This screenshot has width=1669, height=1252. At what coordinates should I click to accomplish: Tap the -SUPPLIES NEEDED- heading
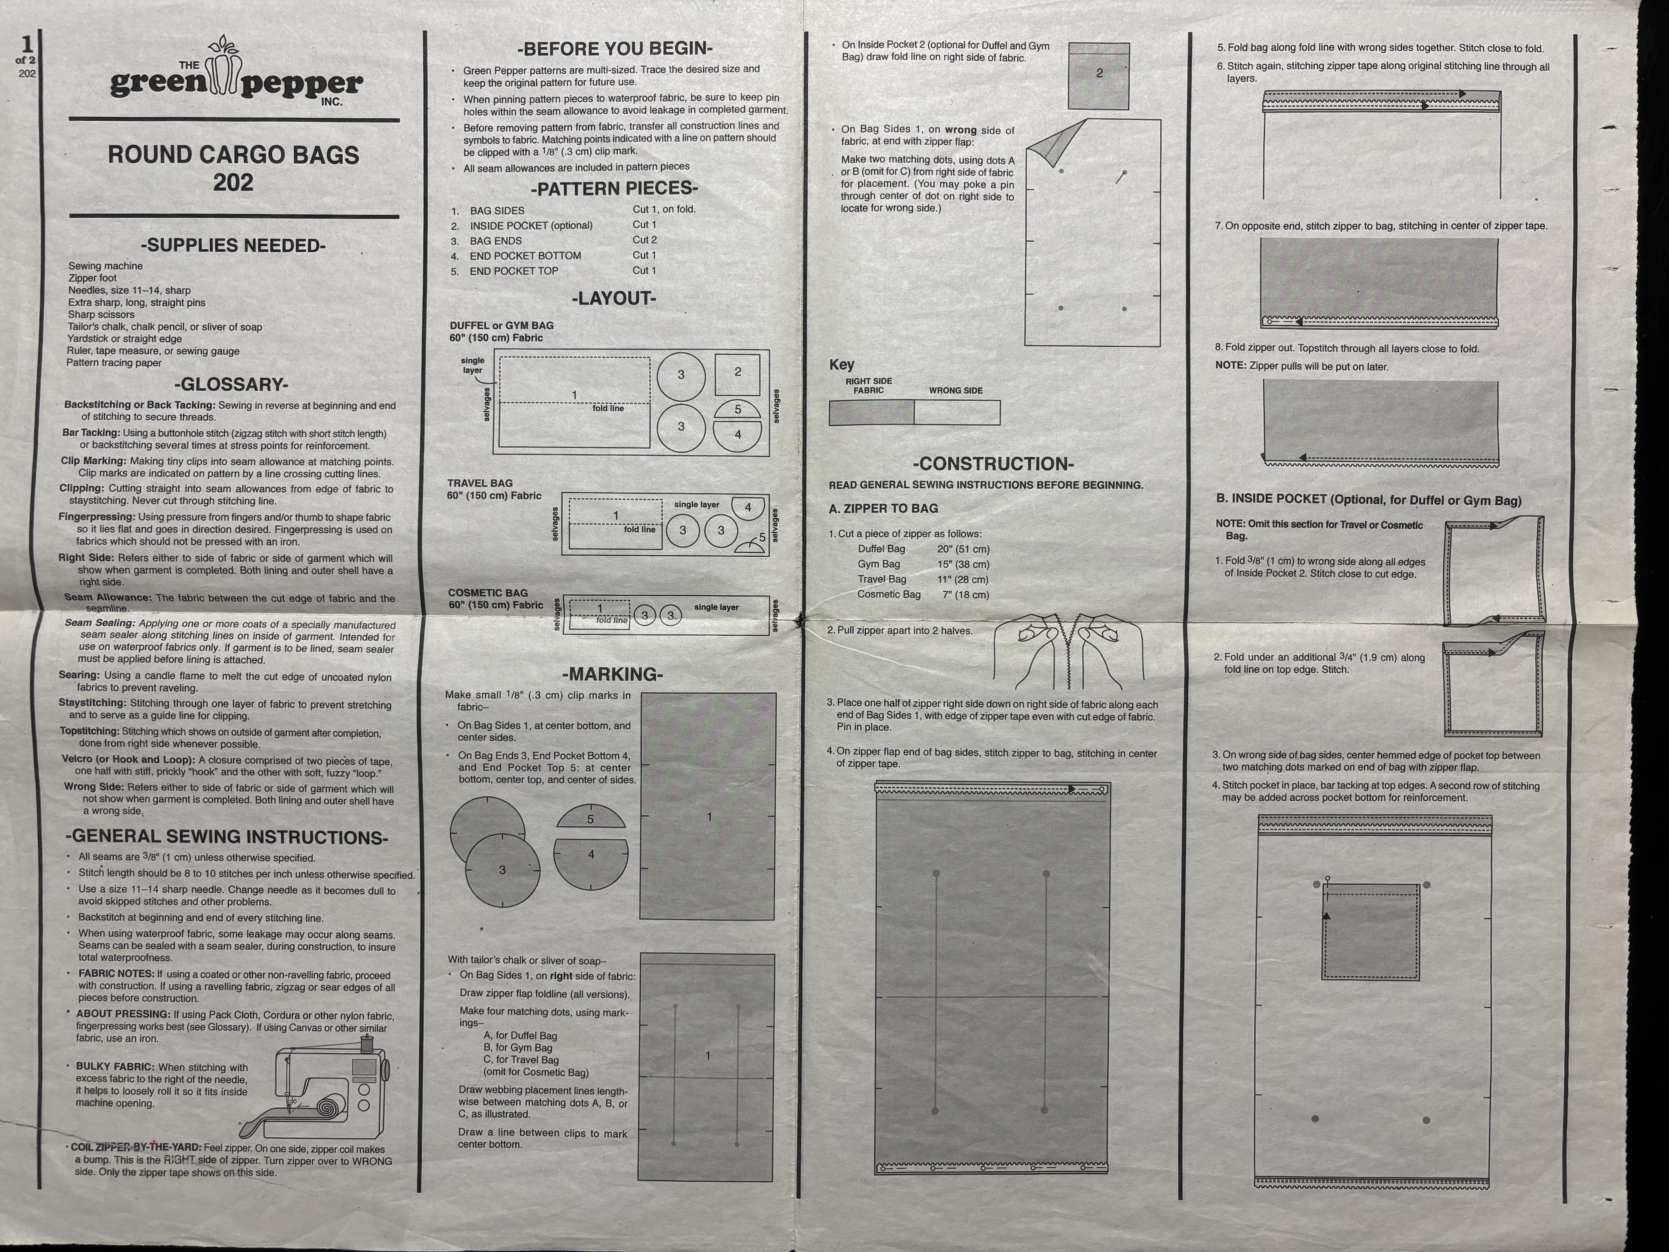233,245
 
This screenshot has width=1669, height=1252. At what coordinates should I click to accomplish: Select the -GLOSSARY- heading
231,384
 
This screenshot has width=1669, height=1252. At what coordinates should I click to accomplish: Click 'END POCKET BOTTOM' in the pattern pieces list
525,256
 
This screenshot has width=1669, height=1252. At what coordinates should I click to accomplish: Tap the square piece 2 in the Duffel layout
737,373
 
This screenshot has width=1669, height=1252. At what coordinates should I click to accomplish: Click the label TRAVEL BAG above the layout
480,483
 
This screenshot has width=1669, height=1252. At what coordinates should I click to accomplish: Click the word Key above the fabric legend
842,364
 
